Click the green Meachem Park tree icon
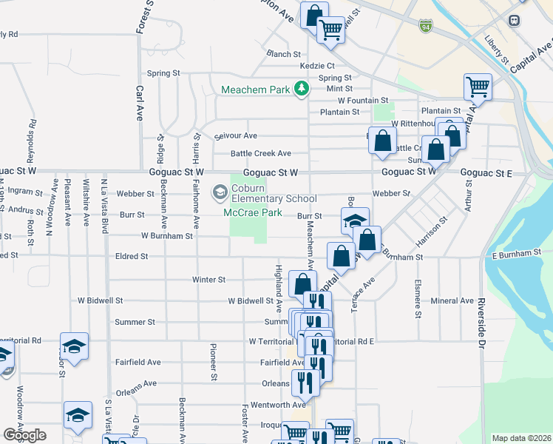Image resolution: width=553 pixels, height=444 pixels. [301, 90]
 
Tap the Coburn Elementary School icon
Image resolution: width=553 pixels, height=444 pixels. [220, 192]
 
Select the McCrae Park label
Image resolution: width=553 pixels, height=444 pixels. [253, 212]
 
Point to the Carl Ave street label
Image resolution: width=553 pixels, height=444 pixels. [139, 104]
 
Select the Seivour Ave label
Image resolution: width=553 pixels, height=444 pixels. [235, 136]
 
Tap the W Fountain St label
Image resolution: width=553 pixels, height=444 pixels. [362, 100]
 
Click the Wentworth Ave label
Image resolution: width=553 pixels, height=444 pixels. [278, 405]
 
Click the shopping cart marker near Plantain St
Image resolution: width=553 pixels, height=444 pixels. [478, 86]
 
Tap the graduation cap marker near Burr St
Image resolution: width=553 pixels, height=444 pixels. [355, 221]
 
